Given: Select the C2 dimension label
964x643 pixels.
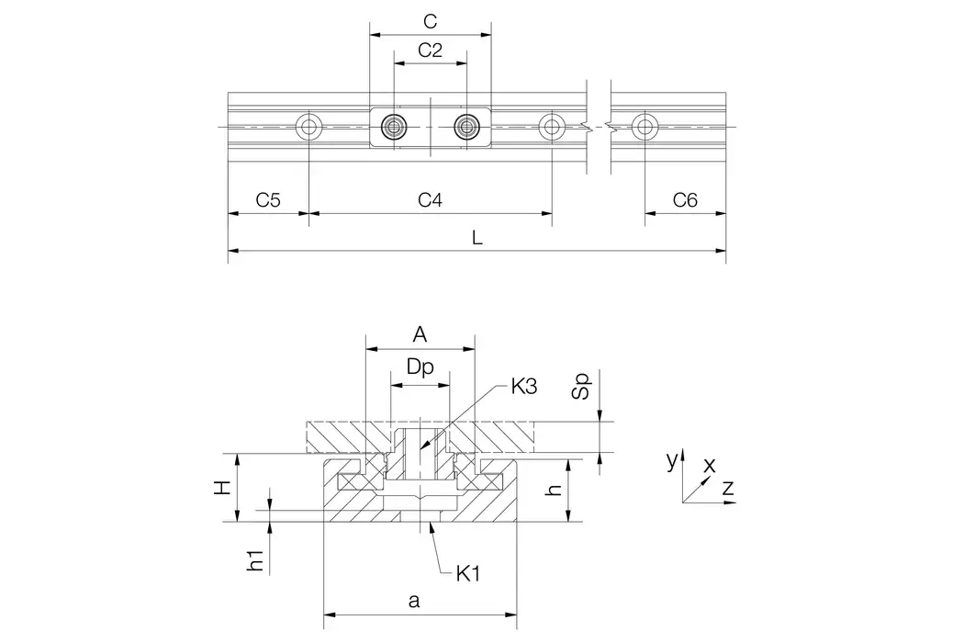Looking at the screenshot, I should click(430, 51).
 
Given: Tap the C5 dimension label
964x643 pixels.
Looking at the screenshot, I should click(268, 199).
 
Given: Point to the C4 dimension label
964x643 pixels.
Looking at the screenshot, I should click(430, 199).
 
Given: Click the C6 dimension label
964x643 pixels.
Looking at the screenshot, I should click(685, 199).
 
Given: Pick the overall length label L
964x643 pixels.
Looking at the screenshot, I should click(476, 236).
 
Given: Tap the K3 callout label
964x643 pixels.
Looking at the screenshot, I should click(525, 387).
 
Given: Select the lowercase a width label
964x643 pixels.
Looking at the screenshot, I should click(414, 603).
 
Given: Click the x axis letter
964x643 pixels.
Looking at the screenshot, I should click(709, 466).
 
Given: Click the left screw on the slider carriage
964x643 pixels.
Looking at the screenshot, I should click(395, 126).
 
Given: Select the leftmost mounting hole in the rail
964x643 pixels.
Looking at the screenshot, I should click(309, 126).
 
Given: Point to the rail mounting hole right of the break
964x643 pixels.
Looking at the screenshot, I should click(645, 126).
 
